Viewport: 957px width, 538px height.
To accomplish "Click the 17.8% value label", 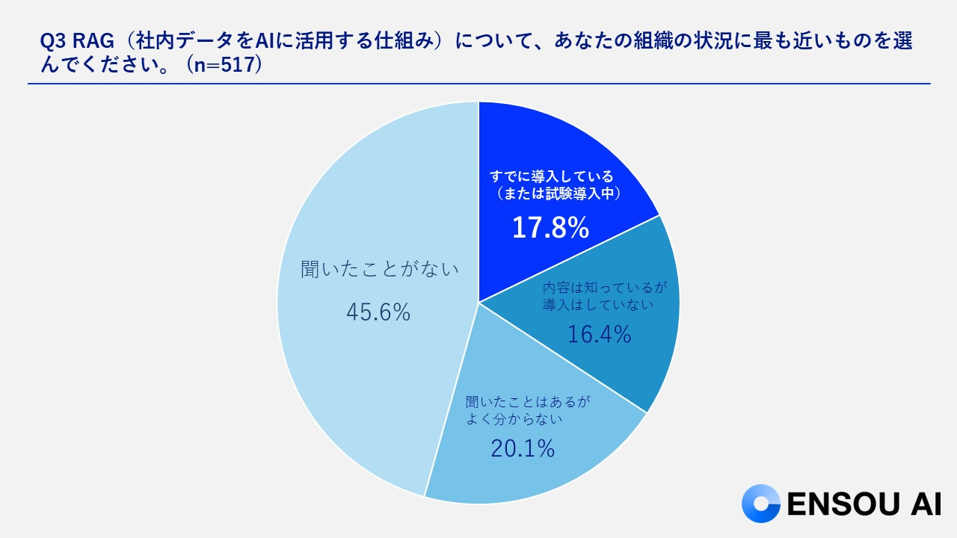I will point(550,227).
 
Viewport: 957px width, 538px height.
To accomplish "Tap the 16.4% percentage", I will point(599,334).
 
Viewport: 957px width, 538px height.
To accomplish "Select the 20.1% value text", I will point(523,448).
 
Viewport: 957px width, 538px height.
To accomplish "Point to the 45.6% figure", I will point(378,312).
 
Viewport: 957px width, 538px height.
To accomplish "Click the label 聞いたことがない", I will point(379,269).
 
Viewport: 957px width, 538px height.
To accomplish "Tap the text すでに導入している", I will point(552,176).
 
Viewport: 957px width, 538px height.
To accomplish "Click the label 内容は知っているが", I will point(603,288).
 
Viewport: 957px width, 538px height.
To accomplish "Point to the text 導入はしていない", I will point(598,304).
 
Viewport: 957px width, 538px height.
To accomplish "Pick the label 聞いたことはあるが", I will point(528,402).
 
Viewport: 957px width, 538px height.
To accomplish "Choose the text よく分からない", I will point(514,419).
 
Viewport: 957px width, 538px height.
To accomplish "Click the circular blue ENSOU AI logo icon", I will point(760,504).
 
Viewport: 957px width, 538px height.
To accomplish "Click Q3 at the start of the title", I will point(52,42).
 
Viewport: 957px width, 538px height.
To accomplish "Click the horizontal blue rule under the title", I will point(478,84).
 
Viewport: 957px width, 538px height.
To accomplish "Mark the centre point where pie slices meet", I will point(478,303).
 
